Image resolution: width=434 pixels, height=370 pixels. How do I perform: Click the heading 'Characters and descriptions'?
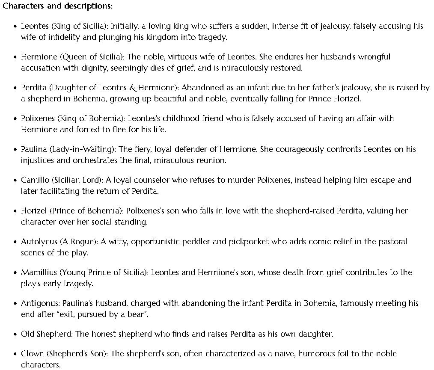point(57,6)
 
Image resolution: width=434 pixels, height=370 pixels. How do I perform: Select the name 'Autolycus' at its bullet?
point(39,242)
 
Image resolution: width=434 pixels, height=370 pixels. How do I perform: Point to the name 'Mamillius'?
point(39,272)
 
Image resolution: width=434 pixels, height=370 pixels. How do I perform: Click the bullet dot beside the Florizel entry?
point(15,211)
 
